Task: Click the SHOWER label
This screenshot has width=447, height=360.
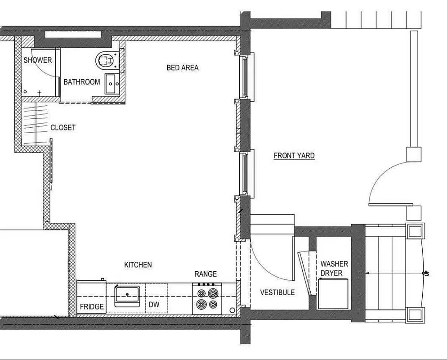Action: pos(38,60)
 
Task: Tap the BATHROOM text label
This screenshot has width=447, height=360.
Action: pos(81,82)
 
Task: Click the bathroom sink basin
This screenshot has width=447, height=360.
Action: pos(112,84)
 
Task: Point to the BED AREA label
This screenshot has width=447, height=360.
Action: pos(183,67)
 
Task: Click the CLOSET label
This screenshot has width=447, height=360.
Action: pos(63,127)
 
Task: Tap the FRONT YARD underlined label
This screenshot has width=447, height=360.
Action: pos(294,156)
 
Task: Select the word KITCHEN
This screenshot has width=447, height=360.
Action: pos(138,265)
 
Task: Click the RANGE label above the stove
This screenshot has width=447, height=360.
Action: pos(206,274)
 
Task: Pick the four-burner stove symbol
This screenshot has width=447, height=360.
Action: pos(207,299)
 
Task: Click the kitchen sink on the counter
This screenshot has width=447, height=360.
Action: pos(127,295)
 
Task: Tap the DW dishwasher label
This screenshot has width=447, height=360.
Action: pos(154,305)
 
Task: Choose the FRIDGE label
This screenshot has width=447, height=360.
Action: pos(92,307)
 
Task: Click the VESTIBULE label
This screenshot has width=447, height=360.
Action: pos(277,292)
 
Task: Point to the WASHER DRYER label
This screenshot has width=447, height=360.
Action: pos(334,269)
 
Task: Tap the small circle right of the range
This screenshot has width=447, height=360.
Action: pos(232,310)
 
